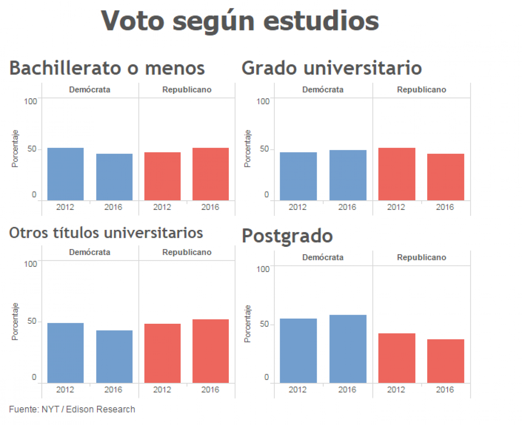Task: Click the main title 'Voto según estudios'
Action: pos(240,21)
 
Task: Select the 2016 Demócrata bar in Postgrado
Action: pos(348,349)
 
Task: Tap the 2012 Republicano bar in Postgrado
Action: pos(397,358)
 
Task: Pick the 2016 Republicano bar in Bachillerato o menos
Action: pos(211,174)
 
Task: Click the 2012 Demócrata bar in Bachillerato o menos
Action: pos(65,174)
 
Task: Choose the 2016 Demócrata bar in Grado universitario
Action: pos(348,175)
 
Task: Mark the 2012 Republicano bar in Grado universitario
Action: pos(397,174)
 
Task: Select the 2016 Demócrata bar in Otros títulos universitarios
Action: pos(114,356)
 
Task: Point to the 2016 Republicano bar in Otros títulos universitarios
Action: pos(211,351)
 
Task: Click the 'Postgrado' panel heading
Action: pos(287,236)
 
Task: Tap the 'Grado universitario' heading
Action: pos(331,68)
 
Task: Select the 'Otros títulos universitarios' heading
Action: pos(106,232)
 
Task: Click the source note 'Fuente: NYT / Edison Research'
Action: pos(72,409)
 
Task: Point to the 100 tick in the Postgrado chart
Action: pos(264,269)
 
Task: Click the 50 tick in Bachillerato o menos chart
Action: pos(32,149)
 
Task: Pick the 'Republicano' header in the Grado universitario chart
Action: pos(422,90)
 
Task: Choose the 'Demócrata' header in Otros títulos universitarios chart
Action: pos(90,252)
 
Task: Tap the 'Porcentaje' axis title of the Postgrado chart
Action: pos(248,324)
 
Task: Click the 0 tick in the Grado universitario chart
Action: pos(267,195)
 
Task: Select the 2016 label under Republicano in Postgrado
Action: pos(445,390)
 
